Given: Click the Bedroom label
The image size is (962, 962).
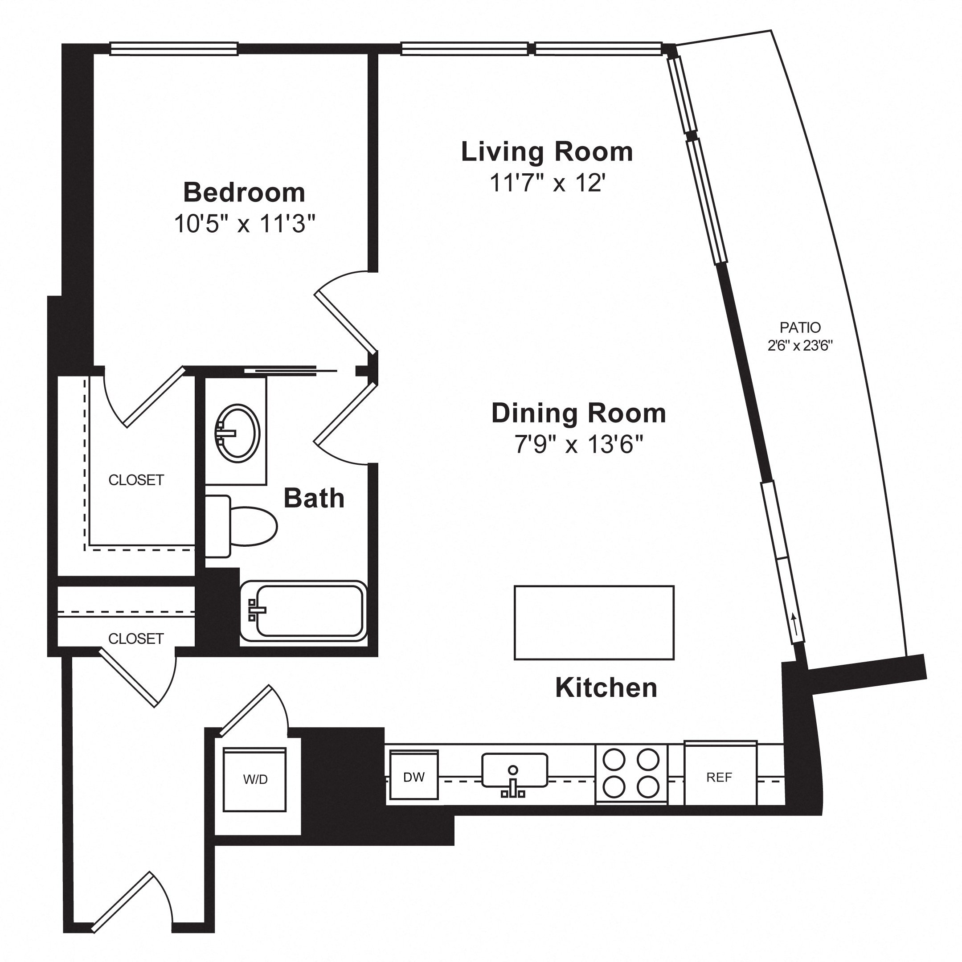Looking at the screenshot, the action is click(244, 192).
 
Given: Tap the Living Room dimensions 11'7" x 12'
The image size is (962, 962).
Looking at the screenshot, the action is click(547, 183).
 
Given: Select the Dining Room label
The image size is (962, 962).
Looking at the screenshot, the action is click(579, 413).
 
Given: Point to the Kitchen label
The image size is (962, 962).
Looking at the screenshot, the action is click(606, 688).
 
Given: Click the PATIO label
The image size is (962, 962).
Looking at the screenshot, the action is click(800, 327).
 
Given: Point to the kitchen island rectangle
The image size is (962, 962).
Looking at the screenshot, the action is click(594, 622).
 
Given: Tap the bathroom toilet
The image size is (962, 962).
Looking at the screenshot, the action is click(241, 526).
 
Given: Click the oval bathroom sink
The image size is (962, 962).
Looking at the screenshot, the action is click(237, 431).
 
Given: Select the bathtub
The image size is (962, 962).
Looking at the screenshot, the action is click(304, 611).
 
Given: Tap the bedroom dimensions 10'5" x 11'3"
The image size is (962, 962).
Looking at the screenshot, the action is click(245, 224).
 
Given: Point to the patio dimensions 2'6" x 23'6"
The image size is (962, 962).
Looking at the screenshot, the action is click(800, 346).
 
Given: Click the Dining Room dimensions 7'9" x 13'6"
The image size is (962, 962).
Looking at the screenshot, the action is click(579, 444).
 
